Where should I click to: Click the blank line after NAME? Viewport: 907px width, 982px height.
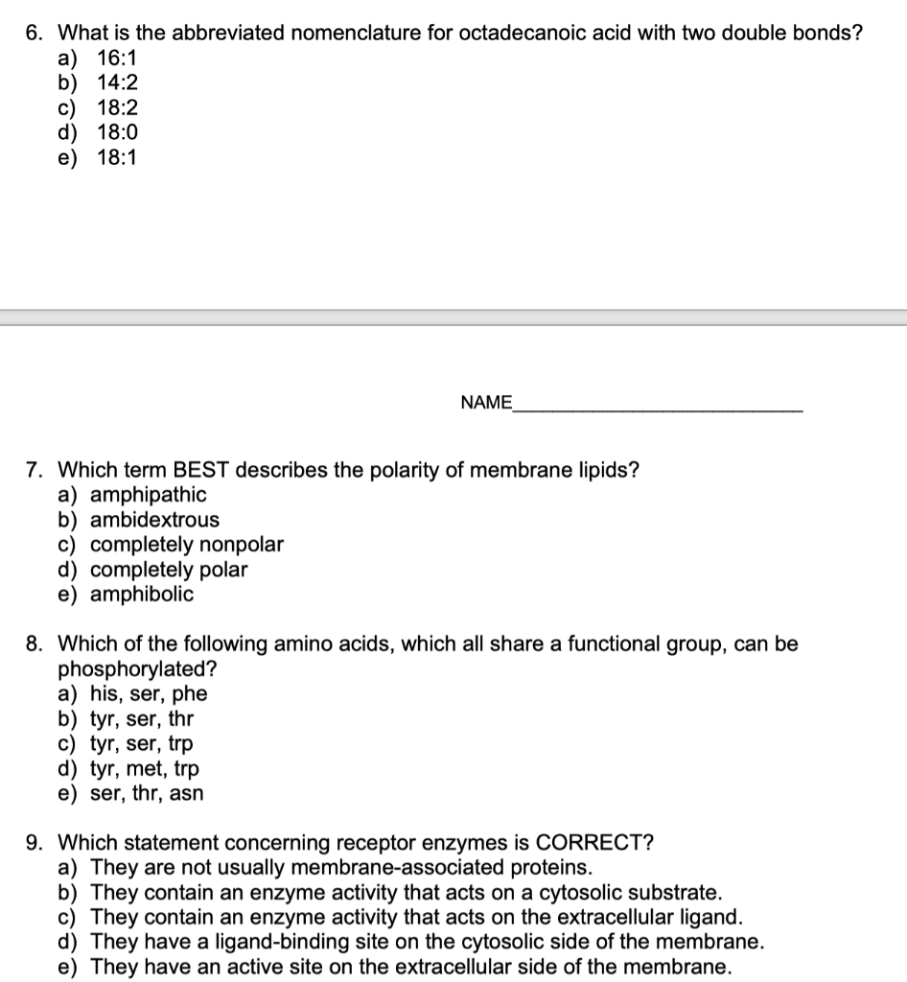coord(658,409)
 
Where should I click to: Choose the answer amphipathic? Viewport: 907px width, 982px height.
coord(148,495)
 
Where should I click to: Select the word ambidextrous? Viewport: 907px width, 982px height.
coord(154,520)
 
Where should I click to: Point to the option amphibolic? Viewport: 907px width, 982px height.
coord(142,595)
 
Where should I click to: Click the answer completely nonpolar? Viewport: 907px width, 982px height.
coord(187,545)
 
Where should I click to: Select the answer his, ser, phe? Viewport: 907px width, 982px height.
coord(148,694)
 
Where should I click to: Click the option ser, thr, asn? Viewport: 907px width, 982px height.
coord(147,794)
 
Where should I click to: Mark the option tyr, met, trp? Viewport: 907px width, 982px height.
coord(145,769)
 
